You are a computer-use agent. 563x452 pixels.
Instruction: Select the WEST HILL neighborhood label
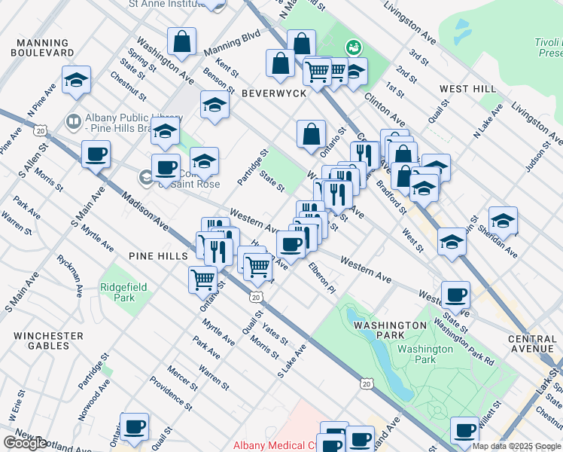467,89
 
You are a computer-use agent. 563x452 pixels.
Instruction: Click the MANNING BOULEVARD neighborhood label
43,48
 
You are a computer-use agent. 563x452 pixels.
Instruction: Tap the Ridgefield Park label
117,292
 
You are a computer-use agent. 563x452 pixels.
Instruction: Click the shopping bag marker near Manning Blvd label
182,41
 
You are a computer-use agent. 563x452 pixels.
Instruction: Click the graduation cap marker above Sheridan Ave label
503,219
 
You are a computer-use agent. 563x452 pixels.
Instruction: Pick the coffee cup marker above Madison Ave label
96,154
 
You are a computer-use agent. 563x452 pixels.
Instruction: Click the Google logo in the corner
25,443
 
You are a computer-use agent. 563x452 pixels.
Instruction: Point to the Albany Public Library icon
74,121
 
